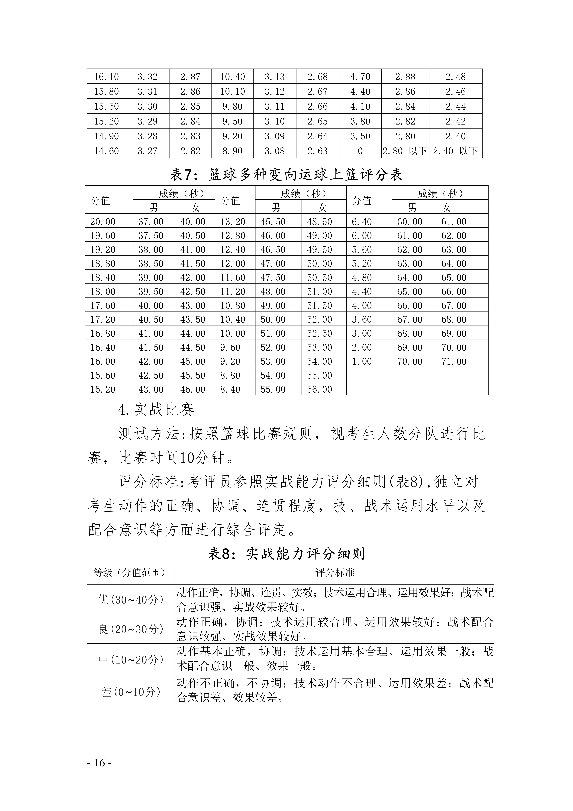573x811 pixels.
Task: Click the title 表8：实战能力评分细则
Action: point(286,554)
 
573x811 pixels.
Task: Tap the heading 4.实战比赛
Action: point(156,410)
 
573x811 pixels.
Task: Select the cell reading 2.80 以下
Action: point(405,151)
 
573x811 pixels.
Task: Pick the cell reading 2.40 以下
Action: point(455,151)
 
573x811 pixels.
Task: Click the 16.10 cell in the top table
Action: point(106,77)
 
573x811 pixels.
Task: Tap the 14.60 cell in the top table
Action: point(106,151)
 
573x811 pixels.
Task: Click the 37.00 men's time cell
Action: point(151,222)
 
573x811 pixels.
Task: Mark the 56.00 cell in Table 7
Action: point(319,389)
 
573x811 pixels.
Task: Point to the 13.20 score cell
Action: point(233,222)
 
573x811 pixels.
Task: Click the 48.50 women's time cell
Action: point(319,222)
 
